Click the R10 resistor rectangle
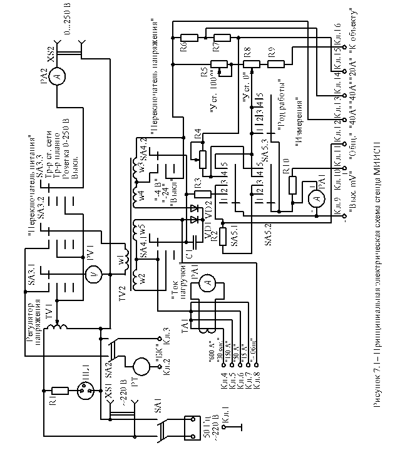(292, 186)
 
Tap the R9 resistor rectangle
(277, 63)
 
